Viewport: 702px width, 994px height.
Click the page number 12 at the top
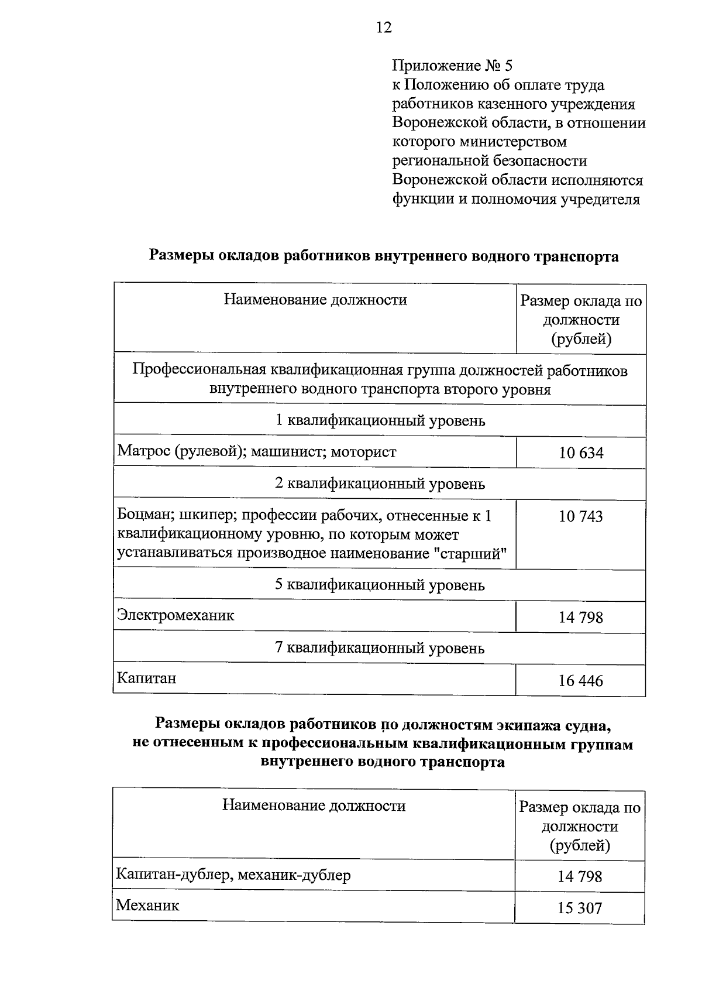point(384,28)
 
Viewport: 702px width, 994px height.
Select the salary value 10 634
point(581,453)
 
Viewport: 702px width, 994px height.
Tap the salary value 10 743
point(581,516)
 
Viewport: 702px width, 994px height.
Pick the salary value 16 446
point(581,681)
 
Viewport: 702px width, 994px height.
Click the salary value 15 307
point(580,908)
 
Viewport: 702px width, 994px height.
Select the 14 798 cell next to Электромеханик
point(581,618)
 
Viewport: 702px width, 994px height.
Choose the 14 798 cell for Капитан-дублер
point(580,876)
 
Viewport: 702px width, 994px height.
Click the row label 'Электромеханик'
point(175,615)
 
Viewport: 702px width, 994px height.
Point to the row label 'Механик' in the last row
point(147,906)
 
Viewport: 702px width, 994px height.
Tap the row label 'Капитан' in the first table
point(146,678)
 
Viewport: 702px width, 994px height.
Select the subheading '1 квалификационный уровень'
point(380,421)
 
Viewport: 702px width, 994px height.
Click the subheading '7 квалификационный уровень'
point(380,649)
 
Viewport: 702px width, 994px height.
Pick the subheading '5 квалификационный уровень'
point(380,585)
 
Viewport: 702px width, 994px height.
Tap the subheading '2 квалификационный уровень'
point(380,484)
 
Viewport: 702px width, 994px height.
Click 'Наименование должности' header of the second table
point(314,806)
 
